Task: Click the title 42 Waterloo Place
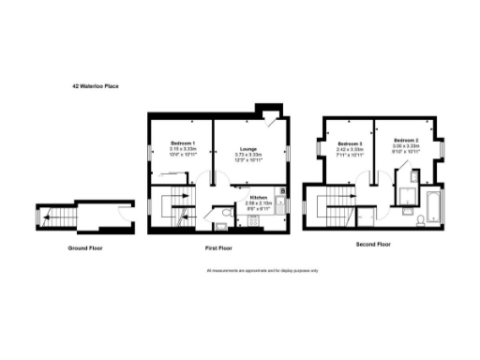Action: (x=96, y=85)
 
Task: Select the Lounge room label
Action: (x=248, y=148)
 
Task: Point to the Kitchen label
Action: (x=259, y=197)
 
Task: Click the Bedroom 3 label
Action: (x=351, y=142)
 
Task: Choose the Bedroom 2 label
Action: (x=405, y=142)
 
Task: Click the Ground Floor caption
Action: (x=85, y=248)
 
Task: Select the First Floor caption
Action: (x=217, y=248)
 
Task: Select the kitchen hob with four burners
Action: (x=252, y=222)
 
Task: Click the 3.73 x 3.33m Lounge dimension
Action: (x=248, y=154)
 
